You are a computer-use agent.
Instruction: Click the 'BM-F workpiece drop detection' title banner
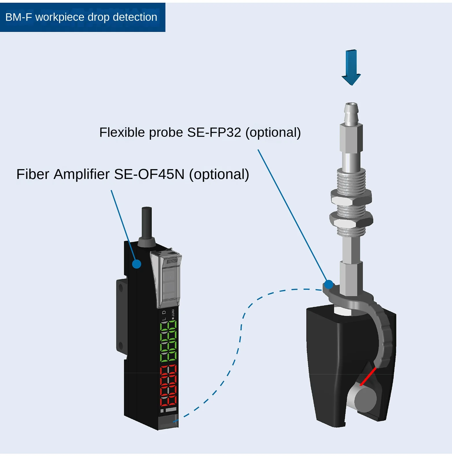point(82,17)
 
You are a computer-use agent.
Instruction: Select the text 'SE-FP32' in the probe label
point(214,132)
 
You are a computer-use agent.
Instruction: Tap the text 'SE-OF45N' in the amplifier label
point(149,174)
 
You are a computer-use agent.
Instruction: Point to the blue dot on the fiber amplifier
point(136,264)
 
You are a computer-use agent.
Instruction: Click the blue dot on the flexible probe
point(329,285)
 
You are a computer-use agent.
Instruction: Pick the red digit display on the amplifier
point(168,385)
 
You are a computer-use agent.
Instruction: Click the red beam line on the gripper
point(368,376)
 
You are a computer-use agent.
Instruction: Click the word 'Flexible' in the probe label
point(122,132)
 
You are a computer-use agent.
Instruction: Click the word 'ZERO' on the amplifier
point(173,313)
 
